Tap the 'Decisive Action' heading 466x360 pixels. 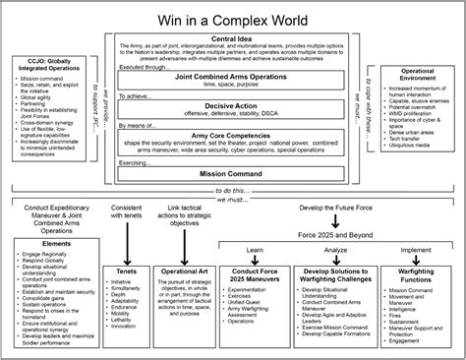pos(233,105)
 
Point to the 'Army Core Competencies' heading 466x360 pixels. pos(233,135)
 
